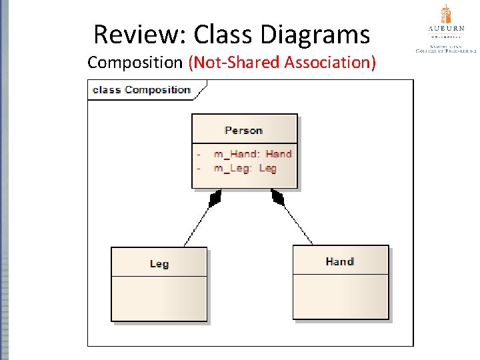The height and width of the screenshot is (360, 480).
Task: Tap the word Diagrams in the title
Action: click(319, 33)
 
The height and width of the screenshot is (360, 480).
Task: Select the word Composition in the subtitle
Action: click(135, 63)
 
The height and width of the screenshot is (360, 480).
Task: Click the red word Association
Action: click(330, 63)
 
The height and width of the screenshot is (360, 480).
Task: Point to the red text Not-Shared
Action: click(236, 63)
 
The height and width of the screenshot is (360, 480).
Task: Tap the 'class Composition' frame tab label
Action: click(142, 90)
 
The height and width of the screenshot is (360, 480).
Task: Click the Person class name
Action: click(244, 131)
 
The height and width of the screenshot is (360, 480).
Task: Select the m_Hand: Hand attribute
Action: click(253, 154)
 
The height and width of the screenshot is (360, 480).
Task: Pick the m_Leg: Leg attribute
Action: click(245, 168)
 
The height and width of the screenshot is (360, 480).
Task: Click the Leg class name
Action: click(159, 264)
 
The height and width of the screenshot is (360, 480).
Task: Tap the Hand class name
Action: click(340, 261)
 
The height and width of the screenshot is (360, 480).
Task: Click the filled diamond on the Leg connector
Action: click(215, 198)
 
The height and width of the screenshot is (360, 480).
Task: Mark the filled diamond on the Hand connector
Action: click(277, 197)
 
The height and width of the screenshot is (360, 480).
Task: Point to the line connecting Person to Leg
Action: click(197, 225)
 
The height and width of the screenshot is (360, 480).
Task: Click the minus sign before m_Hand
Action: click(198, 154)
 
